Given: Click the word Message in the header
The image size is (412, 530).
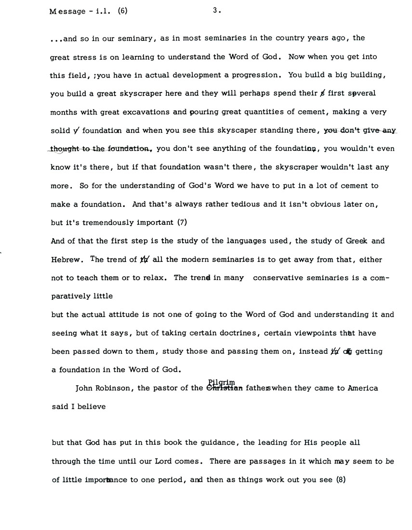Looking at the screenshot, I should [x=66, y=12].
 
